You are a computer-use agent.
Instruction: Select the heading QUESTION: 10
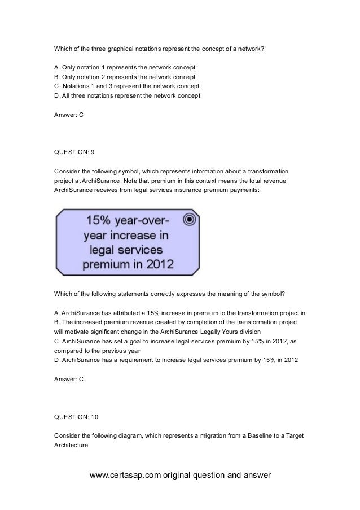[x=76, y=416]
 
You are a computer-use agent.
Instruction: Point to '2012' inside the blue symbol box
[x=159, y=263]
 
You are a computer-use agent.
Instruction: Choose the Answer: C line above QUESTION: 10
[x=68, y=379]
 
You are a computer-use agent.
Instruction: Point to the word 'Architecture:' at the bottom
[x=72, y=446]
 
